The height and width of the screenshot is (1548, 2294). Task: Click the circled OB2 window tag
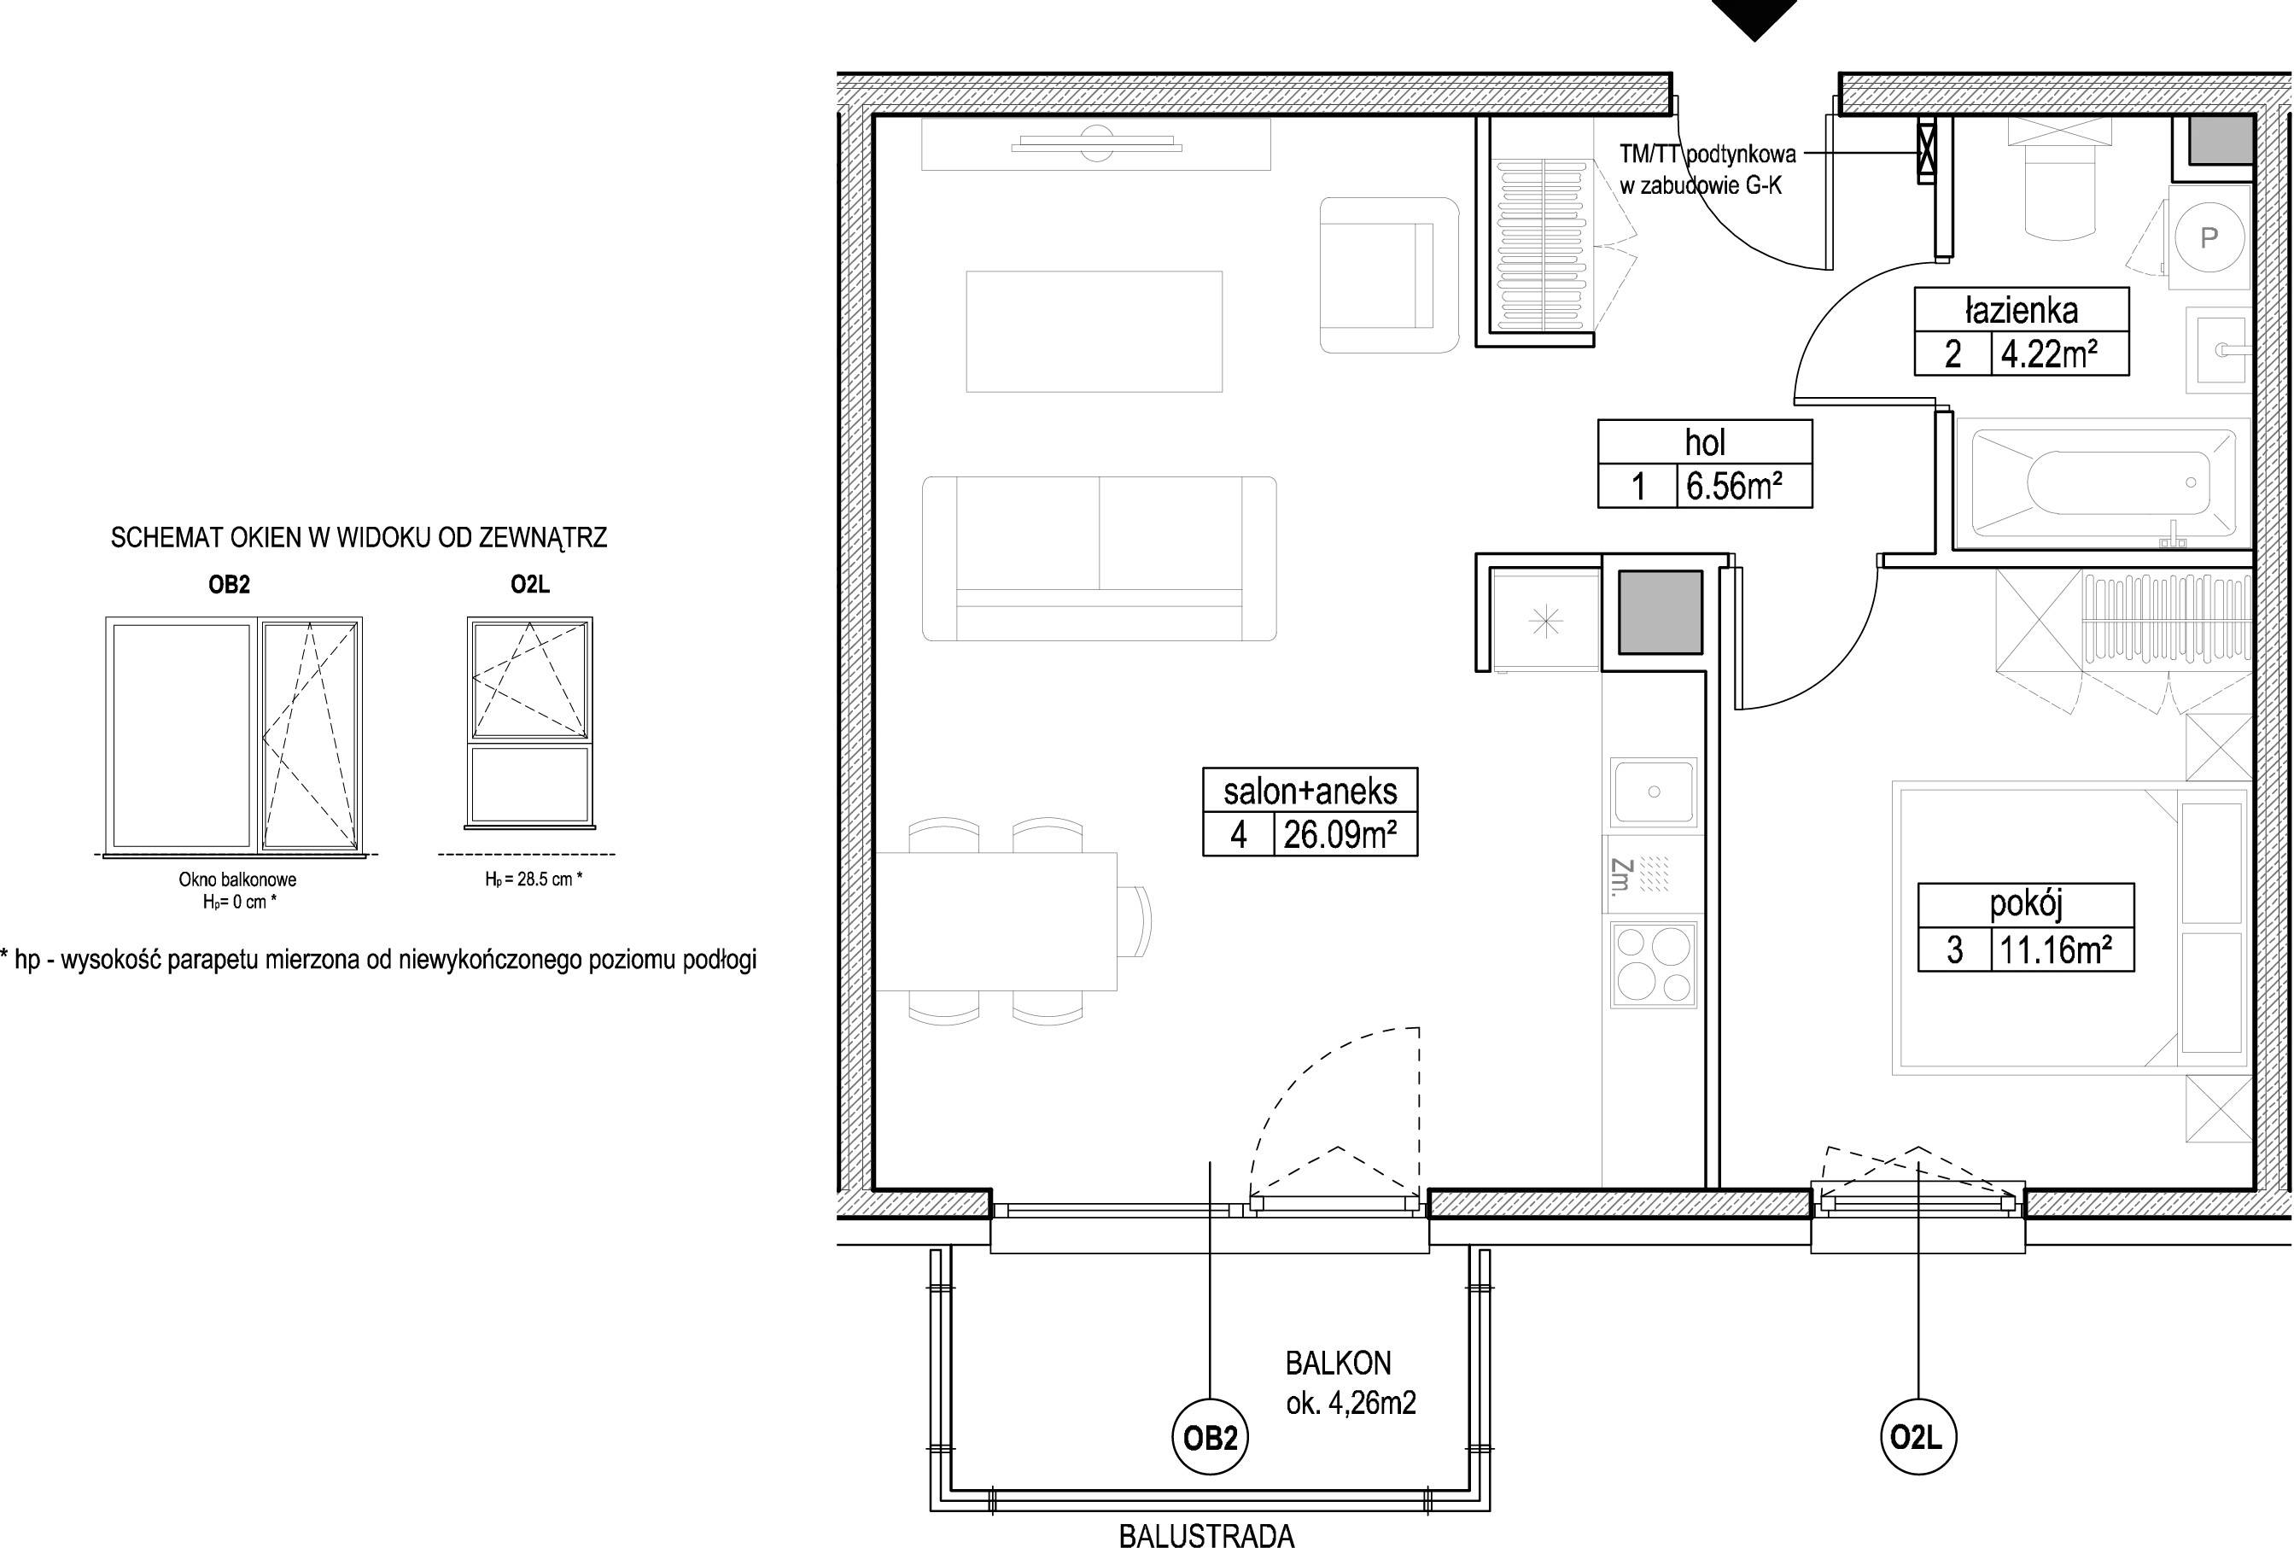(x=1210, y=1439)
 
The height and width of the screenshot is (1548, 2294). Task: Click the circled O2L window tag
(x=1917, y=1439)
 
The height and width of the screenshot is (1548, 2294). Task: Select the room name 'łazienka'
(x=2021, y=310)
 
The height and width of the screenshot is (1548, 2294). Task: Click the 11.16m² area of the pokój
(x=2056, y=950)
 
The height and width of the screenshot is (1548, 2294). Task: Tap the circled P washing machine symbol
(x=2209, y=238)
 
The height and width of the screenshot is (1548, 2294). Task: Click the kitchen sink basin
(x=1654, y=792)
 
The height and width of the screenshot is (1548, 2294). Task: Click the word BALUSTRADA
(x=1206, y=1535)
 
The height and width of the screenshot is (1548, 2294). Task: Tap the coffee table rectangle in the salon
(x=1094, y=331)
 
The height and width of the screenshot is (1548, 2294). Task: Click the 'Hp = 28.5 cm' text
(x=533, y=879)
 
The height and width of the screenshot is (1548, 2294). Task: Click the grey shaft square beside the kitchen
(x=1660, y=612)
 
